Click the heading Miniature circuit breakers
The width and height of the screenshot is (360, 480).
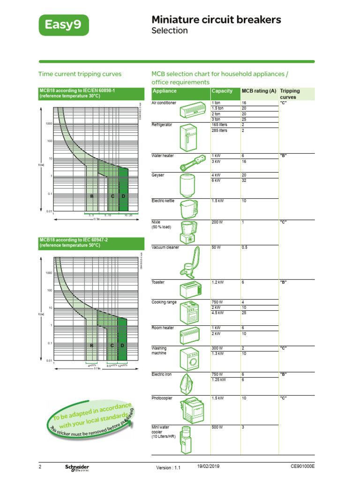pos(216,19)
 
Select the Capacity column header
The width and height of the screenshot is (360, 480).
pos(222,91)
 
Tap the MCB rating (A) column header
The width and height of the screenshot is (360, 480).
pos(259,91)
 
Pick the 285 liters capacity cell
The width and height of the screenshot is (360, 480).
pos(219,131)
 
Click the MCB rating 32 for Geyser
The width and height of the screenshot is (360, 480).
pos(244,180)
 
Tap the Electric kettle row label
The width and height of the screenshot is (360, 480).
pos(163,201)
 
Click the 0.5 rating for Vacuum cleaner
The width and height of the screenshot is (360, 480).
pos(244,247)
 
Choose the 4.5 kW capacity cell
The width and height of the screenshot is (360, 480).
pos(218,313)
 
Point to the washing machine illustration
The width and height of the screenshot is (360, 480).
pos(190,359)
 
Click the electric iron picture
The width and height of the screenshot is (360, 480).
pos(190,384)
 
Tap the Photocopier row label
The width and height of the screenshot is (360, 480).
pos(163,398)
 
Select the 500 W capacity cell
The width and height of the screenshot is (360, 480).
pos(217,427)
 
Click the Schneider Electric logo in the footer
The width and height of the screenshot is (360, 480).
pos(77,467)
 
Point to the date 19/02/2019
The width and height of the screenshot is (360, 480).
pos(208,467)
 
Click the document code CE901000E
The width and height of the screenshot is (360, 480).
pos(302,467)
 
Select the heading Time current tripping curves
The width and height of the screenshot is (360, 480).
pos(79,74)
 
